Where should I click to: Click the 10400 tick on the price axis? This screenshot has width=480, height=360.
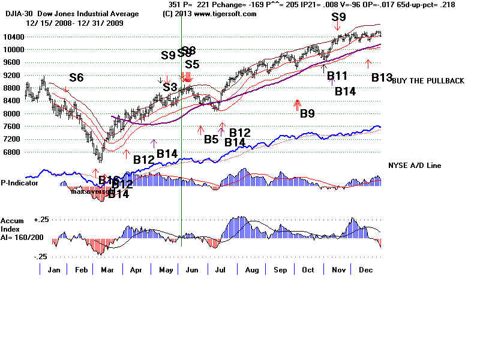click(13, 37)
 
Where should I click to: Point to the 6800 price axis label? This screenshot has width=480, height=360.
click(13, 152)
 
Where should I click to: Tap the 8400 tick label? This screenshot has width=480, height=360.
click(13, 114)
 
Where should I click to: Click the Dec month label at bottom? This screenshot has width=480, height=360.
click(365, 270)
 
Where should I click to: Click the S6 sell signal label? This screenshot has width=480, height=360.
click(76, 77)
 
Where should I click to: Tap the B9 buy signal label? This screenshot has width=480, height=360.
click(308, 113)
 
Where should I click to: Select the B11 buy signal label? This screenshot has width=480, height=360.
click(337, 76)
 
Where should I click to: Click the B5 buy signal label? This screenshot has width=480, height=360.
click(211, 139)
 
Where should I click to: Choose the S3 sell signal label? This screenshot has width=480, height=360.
click(170, 88)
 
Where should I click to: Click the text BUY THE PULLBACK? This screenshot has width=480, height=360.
click(428, 81)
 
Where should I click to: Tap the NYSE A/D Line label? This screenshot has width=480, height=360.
click(415, 165)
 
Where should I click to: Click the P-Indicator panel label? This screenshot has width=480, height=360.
click(19, 183)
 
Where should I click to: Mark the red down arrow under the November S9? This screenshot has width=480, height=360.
click(338, 26)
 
